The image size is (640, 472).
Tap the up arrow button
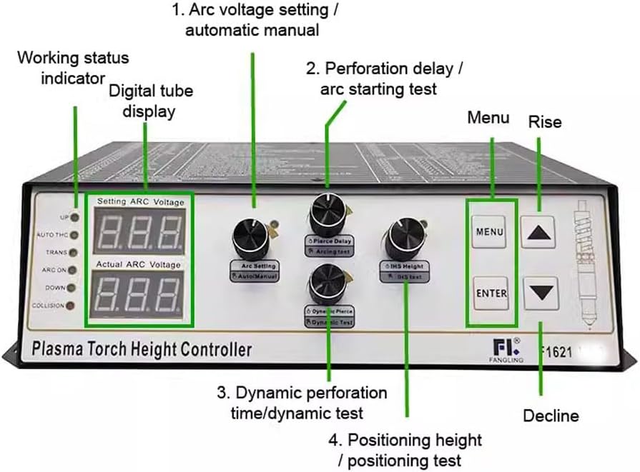541,231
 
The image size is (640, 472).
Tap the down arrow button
541,291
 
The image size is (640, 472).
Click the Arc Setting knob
252,238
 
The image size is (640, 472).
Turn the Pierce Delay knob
328,213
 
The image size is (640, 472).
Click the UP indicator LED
74,217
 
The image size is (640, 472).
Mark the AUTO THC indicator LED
74,234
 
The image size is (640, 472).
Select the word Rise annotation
545,122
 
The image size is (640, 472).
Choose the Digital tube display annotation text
150,101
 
